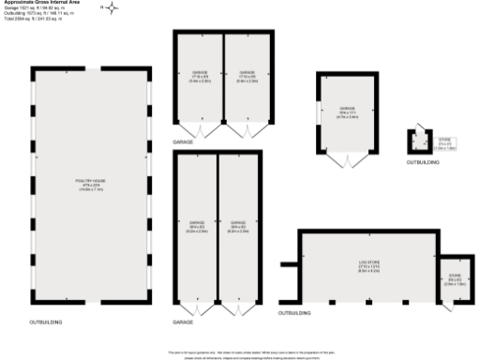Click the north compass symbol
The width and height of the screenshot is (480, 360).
coord(112,8)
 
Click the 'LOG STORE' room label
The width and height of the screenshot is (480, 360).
coord(368,265)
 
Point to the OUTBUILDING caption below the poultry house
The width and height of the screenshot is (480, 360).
coord(47,322)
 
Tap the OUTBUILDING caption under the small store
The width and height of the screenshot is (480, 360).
coord(422,162)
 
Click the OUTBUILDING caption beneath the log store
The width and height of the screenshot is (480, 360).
coord(294,311)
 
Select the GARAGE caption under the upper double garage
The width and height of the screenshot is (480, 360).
coord(183,141)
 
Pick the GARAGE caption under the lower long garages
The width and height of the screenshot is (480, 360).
coord(183,322)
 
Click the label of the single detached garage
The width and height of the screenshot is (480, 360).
coord(348,110)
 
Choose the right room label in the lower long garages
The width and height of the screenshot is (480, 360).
coord(238,224)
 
